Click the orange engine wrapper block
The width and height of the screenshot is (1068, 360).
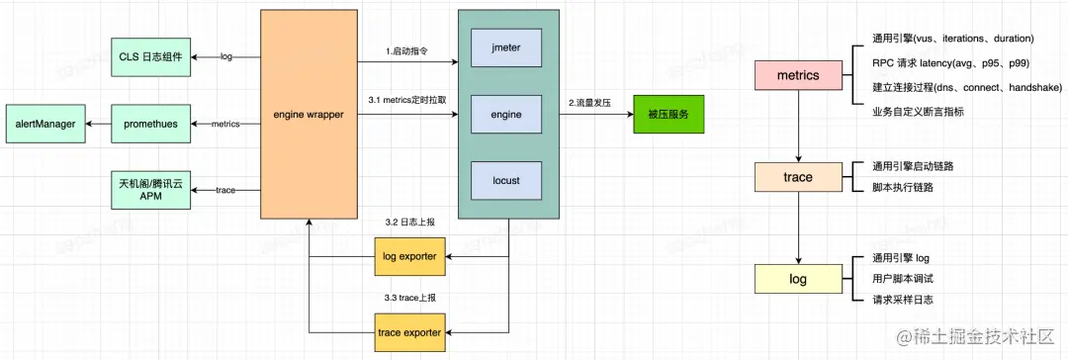pos(309,115)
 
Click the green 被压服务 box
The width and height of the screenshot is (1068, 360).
pos(667,114)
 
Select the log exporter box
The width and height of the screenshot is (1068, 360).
pos(409,258)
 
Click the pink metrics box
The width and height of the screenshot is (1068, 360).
pos(797,76)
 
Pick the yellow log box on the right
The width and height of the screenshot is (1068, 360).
pos(797,279)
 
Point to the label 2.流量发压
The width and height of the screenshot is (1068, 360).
pos(592,103)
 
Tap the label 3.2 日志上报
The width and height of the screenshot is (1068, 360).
pos(409,221)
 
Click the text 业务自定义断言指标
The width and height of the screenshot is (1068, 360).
pos(912,112)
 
